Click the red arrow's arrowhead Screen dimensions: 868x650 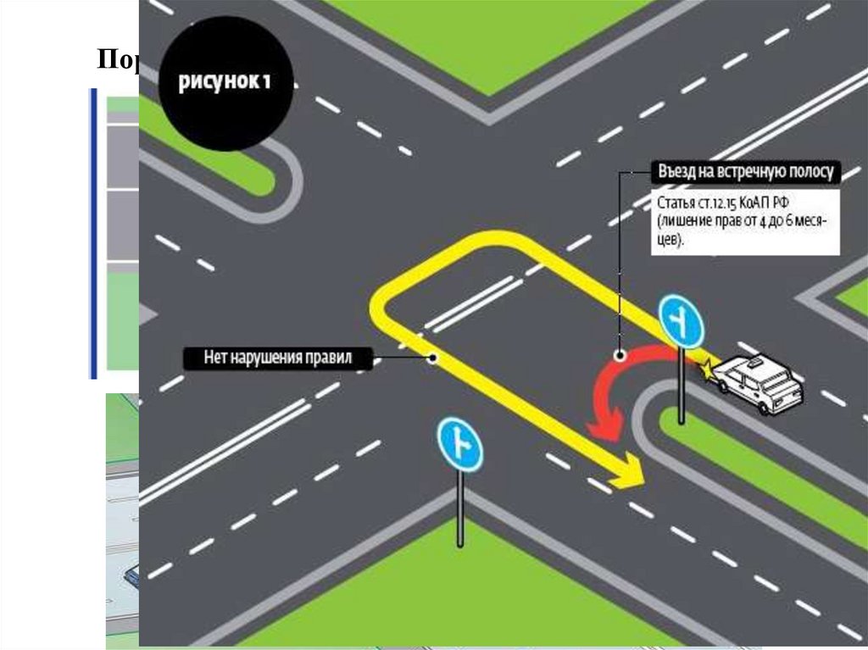(603, 425)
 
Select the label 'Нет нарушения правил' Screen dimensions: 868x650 (278, 358)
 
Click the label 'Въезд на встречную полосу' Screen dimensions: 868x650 (746, 172)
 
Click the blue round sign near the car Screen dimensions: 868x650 (682, 320)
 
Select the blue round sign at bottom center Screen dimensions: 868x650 (459, 444)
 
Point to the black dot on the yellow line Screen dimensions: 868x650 (433, 358)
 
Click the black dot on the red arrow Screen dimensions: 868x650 (620, 356)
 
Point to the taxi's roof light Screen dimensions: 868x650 (750, 362)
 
